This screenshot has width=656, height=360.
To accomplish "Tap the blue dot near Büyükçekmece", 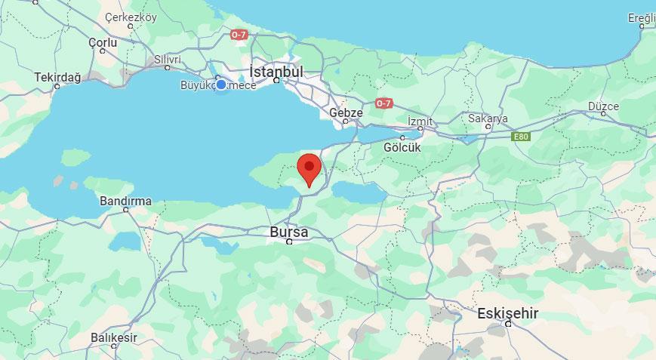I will [x=221, y=85].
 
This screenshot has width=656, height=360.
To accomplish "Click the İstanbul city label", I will [x=276, y=72].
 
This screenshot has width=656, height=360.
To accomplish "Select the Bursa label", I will [x=289, y=232].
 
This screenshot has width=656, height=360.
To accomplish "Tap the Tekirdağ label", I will [x=57, y=77].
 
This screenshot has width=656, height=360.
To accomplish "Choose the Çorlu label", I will [x=103, y=43].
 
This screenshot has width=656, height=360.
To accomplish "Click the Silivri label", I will [x=167, y=60].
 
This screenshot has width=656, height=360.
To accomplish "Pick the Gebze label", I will [x=346, y=113].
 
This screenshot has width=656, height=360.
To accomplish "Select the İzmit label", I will [x=420, y=122].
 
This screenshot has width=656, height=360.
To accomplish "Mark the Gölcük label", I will [x=402, y=147].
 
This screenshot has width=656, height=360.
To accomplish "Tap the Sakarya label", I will [x=488, y=118].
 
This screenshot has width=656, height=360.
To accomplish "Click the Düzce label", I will [x=603, y=106].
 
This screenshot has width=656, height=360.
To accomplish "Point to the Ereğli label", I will [x=642, y=17].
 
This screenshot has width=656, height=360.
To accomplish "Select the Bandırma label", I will [x=125, y=202].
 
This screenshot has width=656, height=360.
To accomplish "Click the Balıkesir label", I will [x=114, y=337].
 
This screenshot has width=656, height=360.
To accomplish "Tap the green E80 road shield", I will [x=521, y=137].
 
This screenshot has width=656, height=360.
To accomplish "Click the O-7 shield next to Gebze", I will [x=384, y=103].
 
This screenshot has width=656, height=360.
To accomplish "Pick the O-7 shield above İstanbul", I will [x=239, y=35].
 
